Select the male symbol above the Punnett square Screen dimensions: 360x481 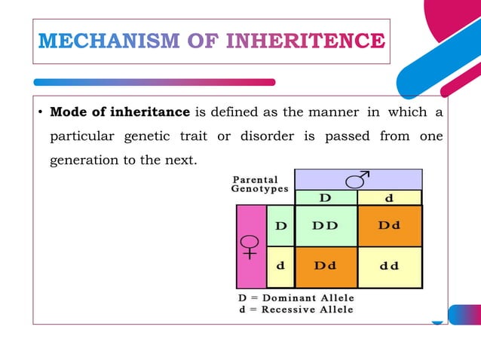[357, 179]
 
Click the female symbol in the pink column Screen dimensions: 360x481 [250, 246]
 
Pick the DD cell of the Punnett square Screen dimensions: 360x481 [325, 226]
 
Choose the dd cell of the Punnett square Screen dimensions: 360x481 [389, 266]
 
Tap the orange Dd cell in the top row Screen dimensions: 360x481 [389, 226]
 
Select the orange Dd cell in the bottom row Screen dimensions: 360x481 [325, 266]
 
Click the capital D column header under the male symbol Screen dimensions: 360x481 [325, 198]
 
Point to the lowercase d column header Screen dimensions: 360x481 [388, 198]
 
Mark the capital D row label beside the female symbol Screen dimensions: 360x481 [280, 226]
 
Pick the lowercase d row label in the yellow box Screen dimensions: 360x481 [280, 266]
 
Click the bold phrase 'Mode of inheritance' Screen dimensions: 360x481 [120, 113]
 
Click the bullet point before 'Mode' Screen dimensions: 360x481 [39, 114]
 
